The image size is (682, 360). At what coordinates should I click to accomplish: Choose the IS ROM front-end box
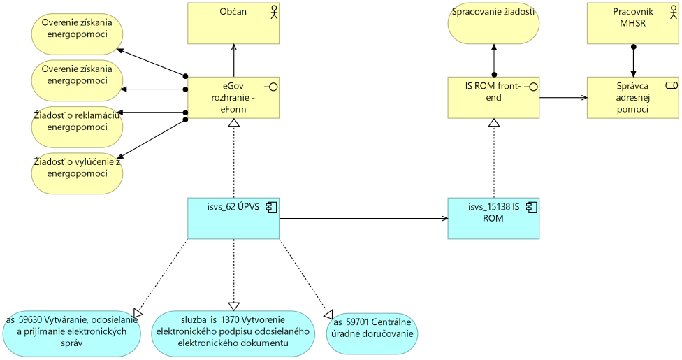click(x=493, y=97)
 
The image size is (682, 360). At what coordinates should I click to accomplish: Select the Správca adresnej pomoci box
click(x=633, y=97)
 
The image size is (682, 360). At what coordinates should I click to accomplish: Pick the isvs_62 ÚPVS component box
click(x=233, y=218)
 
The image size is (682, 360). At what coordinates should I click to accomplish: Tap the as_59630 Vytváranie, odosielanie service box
click(x=72, y=332)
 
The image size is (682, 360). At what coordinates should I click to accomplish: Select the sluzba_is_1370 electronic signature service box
click(x=233, y=333)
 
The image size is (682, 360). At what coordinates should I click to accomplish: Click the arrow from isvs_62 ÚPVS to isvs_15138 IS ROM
click(x=363, y=219)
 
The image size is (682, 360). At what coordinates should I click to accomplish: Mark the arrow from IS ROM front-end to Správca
click(x=563, y=98)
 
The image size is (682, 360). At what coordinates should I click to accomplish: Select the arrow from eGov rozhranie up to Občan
click(x=234, y=59)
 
